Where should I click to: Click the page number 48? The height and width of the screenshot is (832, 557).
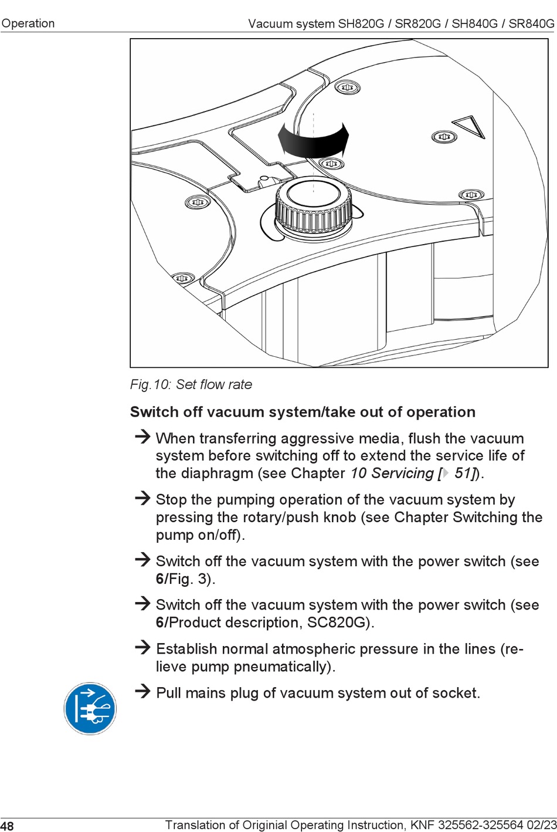tap(7, 826)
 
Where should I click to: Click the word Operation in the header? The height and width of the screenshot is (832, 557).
tap(28, 23)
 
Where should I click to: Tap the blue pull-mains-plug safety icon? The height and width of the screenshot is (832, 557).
tap(90, 708)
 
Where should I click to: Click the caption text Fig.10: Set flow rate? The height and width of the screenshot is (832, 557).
tap(191, 384)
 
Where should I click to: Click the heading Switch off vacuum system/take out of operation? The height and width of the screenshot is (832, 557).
tap(303, 412)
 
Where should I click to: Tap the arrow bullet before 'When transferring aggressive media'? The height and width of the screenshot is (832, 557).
tap(142, 437)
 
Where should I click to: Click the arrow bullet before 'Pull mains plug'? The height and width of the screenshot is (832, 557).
tap(142, 691)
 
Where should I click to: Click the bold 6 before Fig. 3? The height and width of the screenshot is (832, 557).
tap(159, 579)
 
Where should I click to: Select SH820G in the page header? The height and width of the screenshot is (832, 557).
tap(361, 23)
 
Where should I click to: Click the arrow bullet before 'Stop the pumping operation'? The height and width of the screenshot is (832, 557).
tap(142, 498)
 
